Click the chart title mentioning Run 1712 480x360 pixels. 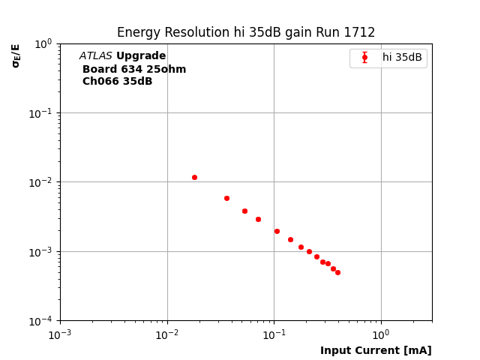[245, 33]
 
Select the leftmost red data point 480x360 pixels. [194, 177]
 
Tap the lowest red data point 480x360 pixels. [337, 272]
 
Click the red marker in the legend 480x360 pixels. [364, 58]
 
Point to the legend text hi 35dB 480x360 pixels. [402, 58]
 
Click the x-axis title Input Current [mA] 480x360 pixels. [376, 350]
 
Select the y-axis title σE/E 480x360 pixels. [16, 55]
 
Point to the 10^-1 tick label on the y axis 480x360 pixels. [43, 112]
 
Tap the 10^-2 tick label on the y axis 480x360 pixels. [43, 182]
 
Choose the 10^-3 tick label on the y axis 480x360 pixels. [43, 251]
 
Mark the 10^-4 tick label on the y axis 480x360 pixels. [43, 321]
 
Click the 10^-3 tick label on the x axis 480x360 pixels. [60, 334]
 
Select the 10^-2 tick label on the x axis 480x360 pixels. [167, 334]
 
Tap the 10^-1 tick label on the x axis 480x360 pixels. [274, 334]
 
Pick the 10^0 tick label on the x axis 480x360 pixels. [381, 334]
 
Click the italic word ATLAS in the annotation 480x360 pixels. [95, 56]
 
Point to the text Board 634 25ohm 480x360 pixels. [134, 69]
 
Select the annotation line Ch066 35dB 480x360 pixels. [117, 81]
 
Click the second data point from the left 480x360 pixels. [226, 198]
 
